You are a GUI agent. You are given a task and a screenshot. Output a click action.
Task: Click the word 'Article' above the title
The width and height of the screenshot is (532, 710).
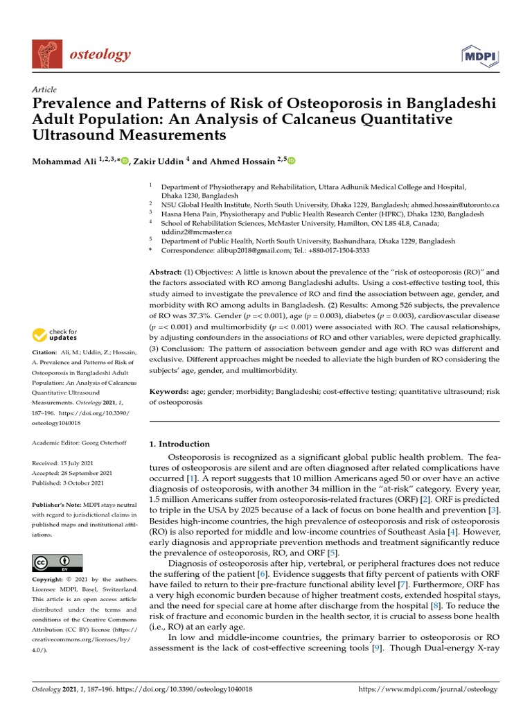pos(44,90)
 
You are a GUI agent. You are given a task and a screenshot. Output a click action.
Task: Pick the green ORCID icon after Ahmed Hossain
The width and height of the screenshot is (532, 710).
pos(291,161)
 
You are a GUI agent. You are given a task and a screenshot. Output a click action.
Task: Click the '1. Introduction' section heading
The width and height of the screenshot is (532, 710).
pos(179,444)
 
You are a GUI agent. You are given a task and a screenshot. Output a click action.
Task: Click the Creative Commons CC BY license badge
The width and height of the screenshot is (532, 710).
pos(57,562)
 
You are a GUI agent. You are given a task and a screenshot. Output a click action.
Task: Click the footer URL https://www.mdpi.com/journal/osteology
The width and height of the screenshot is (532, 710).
pos(427,690)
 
